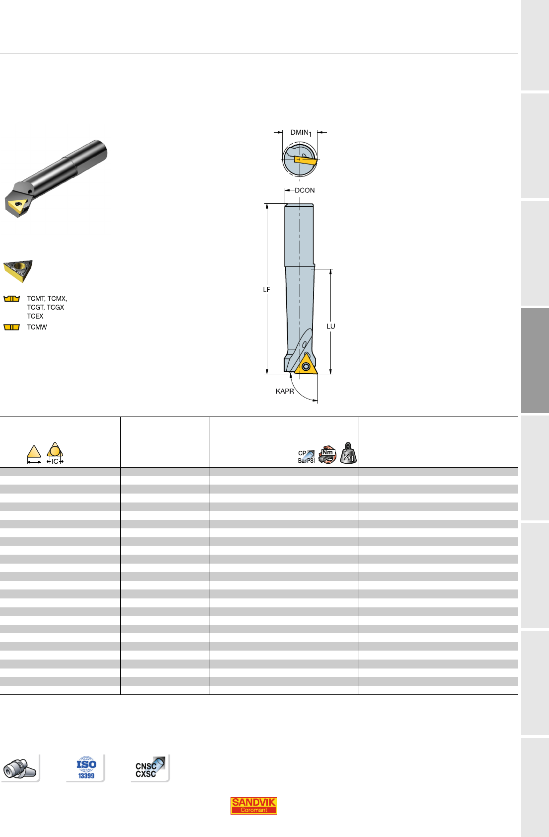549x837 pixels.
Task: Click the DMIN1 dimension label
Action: [x=301, y=133]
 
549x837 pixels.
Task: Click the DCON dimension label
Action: [x=305, y=190]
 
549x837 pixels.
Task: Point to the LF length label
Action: [x=266, y=289]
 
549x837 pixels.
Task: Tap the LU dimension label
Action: [x=331, y=326]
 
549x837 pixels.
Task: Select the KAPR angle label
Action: [x=285, y=391]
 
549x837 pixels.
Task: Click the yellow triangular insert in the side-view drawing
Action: [x=306, y=365]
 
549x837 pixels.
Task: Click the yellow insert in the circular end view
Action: [x=306, y=161]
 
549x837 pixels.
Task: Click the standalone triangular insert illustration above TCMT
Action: [x=18, y=271]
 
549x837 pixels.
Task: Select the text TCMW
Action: [x=37, y=327]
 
